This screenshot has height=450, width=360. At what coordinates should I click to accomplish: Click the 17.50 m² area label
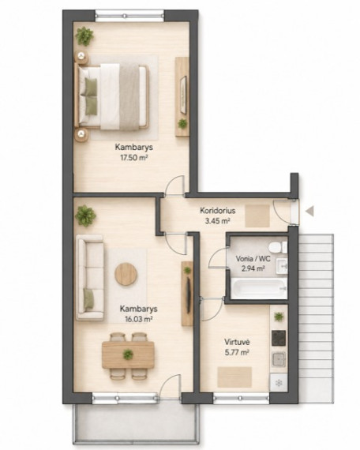pos(133,157)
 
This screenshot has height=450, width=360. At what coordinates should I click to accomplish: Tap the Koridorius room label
pos(217,210)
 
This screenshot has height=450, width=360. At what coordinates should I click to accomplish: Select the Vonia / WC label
pos(253,259)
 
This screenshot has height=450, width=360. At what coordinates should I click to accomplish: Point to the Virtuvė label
pos(237,342)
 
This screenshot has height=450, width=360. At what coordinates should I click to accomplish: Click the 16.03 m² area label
pos(138,319)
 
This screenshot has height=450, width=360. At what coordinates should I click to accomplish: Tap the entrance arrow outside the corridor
pos(309,212)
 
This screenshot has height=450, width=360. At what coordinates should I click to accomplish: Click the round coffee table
pos(126,274)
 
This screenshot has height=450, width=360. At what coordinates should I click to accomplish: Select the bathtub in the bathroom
pos(259,288)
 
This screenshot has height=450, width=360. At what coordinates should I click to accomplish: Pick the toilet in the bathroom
pos(278,247)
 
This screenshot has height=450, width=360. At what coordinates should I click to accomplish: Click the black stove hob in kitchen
pos(279,338)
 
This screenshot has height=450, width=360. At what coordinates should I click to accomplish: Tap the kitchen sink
pos(279,359)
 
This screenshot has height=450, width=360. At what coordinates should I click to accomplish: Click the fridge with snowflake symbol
pos(279,383)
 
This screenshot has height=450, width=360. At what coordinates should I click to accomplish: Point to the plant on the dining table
pos(128,354)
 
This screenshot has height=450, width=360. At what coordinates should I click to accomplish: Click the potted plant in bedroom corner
pos(84,36)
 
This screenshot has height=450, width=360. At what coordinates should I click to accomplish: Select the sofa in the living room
pos(90,277)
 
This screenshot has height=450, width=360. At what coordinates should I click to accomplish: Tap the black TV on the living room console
pos(189,295)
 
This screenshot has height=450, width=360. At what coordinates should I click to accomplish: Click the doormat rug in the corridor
pos(257,216)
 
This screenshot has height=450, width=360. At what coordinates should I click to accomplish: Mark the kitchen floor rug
pos(234,377)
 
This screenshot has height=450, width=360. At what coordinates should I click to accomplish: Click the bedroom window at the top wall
pos(129,16)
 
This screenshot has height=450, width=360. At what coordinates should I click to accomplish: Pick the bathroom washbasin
pos(282,266)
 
